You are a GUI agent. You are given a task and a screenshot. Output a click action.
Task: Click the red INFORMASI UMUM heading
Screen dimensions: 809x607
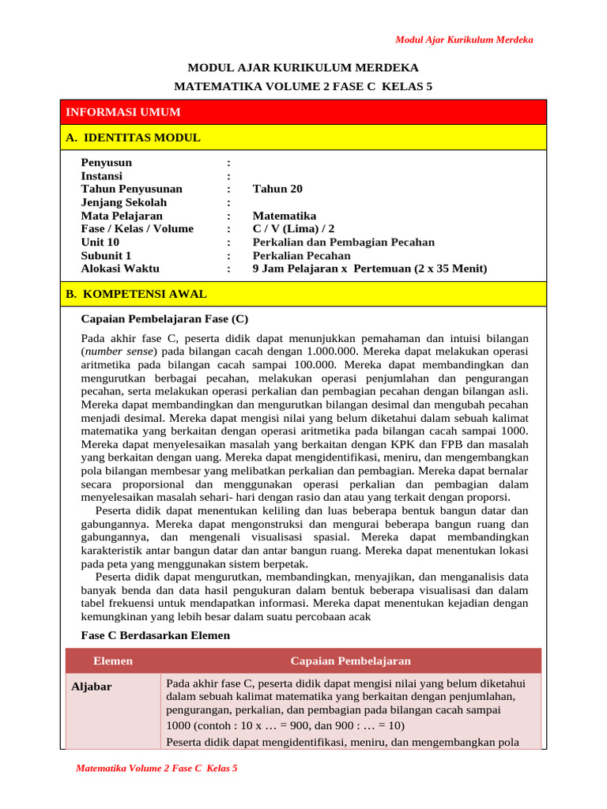pos(123,112)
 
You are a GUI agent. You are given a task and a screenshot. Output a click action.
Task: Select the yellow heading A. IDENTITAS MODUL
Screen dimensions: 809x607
pos(133,137)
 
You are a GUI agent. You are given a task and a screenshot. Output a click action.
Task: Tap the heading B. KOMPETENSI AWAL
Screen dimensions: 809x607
pos(136,294)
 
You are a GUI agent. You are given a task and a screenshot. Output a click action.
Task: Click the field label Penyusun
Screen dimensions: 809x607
pos(107,163)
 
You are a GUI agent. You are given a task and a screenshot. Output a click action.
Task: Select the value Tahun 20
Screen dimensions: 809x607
pos(277,189)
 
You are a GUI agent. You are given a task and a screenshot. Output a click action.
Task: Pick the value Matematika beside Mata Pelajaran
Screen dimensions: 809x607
pos(285,216)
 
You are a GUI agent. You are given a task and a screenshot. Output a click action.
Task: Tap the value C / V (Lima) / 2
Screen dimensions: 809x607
pos(294,229)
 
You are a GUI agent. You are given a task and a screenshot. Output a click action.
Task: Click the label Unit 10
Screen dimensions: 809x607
pos(100,242)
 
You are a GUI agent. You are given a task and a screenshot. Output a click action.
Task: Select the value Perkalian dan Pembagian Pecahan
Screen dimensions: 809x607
pos(344,242)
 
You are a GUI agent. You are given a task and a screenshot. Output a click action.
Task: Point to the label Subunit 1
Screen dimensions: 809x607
pos(107,255)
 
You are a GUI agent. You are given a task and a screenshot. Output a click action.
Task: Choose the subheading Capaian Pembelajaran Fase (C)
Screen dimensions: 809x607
pos(165,319)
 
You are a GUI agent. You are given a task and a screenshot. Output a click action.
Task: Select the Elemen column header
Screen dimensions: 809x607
pos(113,660)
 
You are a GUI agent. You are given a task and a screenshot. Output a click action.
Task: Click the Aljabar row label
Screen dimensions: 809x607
pos(92,687)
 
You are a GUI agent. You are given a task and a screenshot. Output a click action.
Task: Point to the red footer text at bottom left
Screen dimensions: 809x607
pos(156,768)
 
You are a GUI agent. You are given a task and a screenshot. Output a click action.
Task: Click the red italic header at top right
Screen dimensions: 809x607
pos(464,40)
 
